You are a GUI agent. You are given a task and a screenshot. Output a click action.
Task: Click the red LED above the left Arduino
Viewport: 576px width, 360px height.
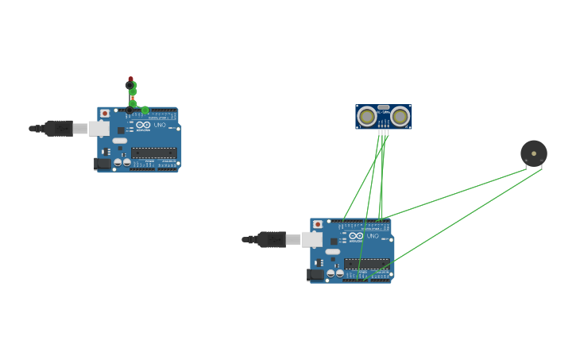[130, 82]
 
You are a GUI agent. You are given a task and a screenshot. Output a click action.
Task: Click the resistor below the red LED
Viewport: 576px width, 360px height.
[133, 97]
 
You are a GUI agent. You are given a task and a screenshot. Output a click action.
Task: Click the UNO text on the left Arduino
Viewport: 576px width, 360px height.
[160, 125]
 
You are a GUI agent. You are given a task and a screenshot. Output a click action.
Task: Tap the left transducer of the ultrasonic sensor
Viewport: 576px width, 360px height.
[366, 117]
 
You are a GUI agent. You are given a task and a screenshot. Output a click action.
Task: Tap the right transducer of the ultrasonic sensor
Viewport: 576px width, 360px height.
[400, 117]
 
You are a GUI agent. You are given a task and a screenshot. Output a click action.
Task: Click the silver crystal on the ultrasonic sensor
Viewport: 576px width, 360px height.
[384, 107]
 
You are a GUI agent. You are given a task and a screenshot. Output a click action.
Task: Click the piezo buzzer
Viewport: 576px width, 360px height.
[534, 153]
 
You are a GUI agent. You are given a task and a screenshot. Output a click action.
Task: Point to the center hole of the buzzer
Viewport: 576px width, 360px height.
[534, 153]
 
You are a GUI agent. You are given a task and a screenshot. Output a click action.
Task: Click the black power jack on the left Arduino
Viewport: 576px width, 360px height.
[102, 163]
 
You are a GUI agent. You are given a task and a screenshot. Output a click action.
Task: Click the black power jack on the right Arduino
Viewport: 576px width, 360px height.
[315, 274]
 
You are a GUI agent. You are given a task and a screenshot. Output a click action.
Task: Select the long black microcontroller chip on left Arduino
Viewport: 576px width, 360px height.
[154, 152]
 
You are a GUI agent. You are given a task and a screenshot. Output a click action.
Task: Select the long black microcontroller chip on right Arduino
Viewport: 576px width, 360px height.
[367, 263]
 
